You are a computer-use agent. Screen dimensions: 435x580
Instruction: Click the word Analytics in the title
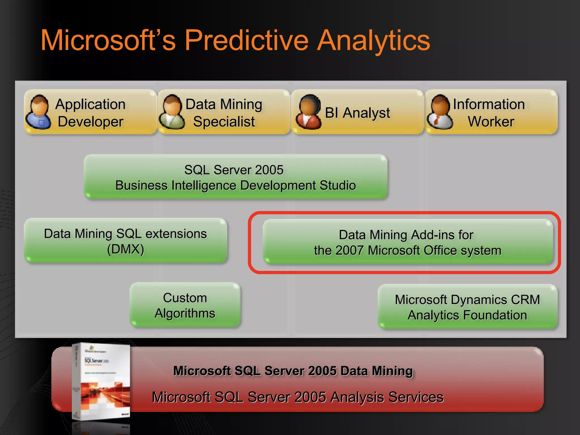point(373,40)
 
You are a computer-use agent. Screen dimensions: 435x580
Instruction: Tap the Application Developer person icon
point(39,112)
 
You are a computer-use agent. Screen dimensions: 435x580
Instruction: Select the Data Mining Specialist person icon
point(172,112)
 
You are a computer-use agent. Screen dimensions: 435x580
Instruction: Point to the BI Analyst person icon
point(308,112)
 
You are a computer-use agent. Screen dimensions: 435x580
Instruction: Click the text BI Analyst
point(357,113)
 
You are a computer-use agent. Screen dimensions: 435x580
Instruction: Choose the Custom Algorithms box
point(185,305)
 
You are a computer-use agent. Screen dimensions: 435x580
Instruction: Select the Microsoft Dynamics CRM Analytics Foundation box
point(467,307)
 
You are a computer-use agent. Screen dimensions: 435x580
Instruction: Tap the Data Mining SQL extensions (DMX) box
point(125,241)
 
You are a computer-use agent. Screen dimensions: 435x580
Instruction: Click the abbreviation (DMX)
point(125,249)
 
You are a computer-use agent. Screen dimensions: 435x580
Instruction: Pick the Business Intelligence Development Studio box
point(236,177)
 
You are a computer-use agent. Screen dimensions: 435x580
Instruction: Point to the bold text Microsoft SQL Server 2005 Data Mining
point(293,371)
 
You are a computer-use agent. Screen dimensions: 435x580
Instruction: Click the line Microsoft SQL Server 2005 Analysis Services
point(297,397)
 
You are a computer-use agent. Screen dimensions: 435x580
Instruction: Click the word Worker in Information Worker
point(491,122)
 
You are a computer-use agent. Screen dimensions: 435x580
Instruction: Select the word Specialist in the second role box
point(224,122)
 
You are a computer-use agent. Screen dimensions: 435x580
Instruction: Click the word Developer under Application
point(90,122)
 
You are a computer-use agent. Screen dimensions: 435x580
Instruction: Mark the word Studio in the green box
point(338,185)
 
